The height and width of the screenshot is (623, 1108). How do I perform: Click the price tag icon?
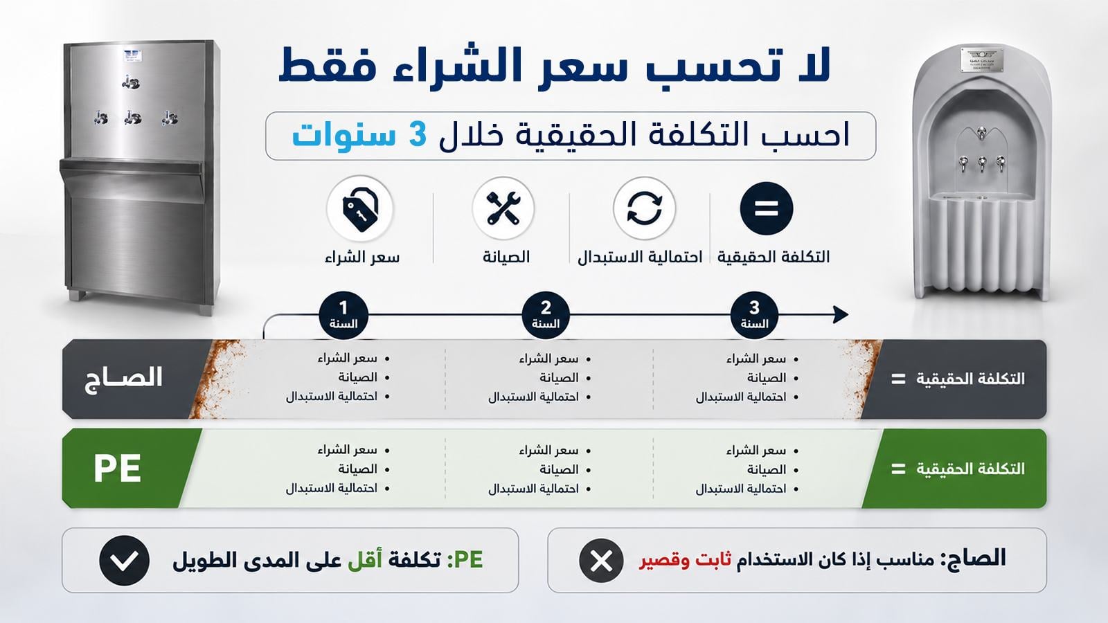(x=360, y=209)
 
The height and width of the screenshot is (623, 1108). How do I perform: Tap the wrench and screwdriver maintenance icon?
(x=503, y=208)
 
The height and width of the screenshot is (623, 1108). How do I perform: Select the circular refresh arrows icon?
(x=644, y=208)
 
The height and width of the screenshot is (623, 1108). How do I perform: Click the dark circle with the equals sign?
(x=766, y=208)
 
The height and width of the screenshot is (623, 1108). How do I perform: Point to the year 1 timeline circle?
(x=343, y=315)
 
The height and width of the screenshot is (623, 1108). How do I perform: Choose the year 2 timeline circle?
(x=546, y=315)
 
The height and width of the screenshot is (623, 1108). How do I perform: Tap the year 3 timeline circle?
(x=754, y=315)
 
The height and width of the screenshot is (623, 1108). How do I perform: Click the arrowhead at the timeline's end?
(x=841, y=314)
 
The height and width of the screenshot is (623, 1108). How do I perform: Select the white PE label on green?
(x=117, y=468)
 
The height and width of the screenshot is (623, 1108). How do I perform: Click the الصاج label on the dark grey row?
(x=124, y=379)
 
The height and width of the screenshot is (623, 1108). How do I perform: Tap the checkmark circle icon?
(x=124, y=560)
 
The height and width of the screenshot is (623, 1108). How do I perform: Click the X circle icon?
(x=601, y=560)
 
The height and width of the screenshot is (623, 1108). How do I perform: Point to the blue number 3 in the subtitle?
(x=418, y=134)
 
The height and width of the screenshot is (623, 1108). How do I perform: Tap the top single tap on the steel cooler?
(x=131, y=82)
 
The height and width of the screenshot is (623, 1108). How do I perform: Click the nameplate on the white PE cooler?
(x=982, y=60)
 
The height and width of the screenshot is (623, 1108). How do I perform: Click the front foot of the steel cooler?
(x=207, y=309)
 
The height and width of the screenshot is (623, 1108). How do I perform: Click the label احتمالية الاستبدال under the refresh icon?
(x=640, y=257)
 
